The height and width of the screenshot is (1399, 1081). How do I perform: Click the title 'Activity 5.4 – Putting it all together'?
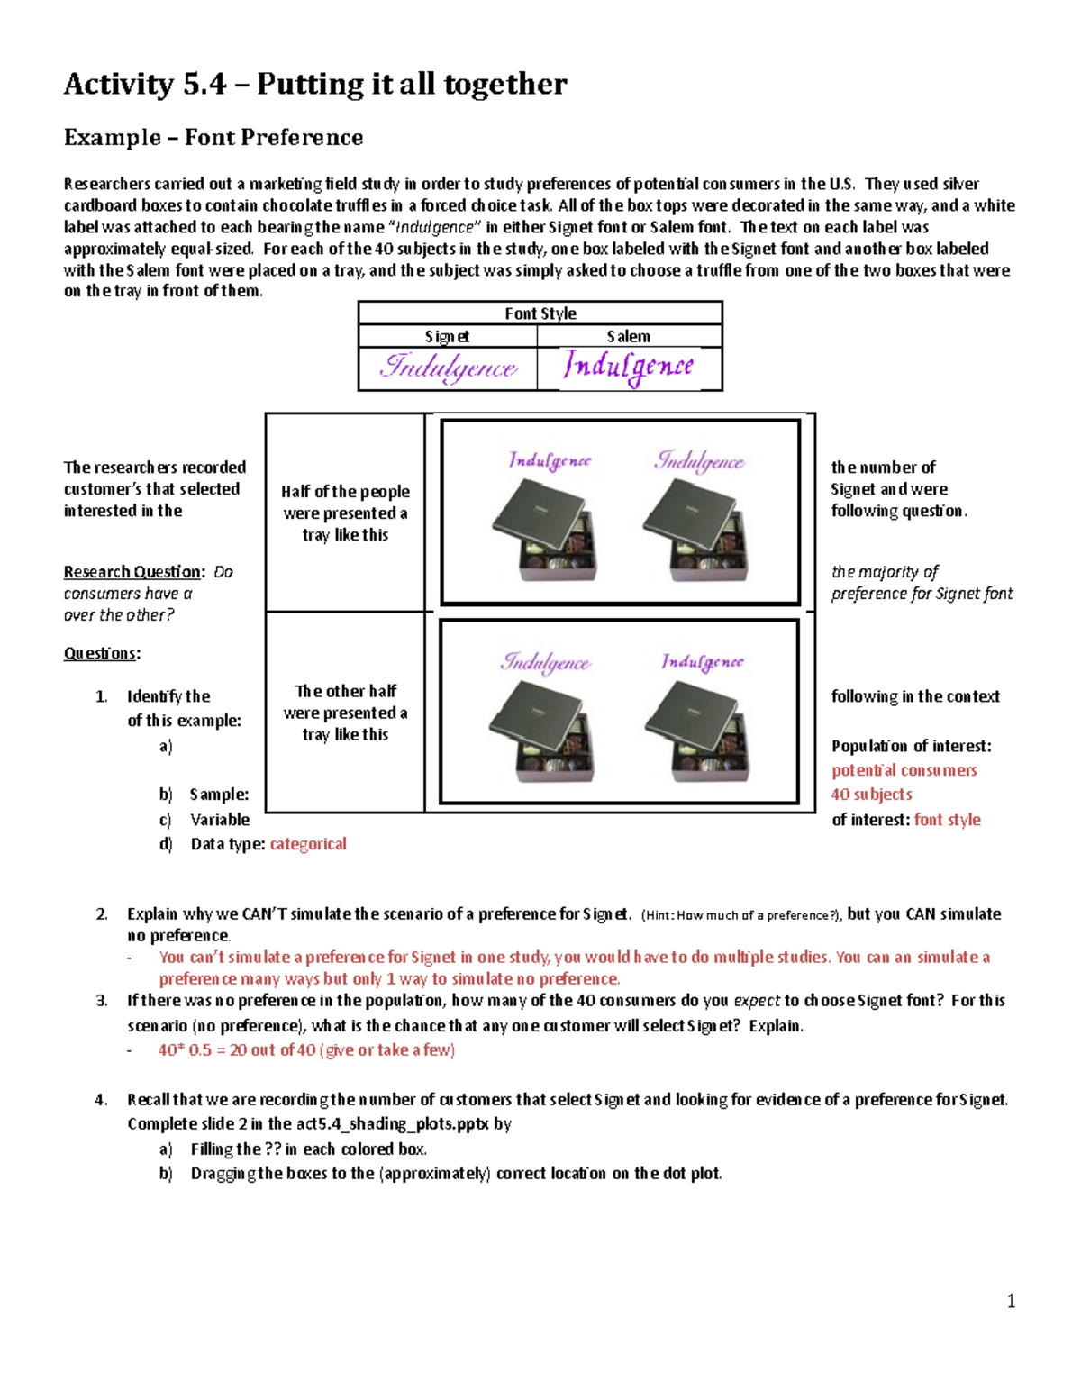point(315,84)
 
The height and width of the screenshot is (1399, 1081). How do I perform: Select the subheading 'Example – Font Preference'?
point(213,137)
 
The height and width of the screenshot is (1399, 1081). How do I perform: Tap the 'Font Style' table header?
point(540,313)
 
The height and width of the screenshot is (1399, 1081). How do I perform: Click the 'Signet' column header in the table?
point(447,336)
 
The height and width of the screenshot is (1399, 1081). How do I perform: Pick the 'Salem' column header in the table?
point(628,336)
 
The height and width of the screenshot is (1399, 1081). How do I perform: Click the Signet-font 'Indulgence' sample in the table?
point(449,368)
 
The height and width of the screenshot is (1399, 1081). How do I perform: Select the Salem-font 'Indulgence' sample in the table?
point(629,367)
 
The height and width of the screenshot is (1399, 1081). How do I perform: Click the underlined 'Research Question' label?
point(132,572)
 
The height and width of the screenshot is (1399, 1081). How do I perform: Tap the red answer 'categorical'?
point(308,844)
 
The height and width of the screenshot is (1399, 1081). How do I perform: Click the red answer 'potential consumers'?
point(904,770)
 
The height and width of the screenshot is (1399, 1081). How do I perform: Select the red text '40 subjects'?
point(871,795)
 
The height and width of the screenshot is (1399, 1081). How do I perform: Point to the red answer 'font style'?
point(947,820)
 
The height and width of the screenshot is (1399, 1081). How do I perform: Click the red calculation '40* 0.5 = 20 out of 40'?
point(306,1050)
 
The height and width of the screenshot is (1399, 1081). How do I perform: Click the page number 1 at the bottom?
point(1011,1301)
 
